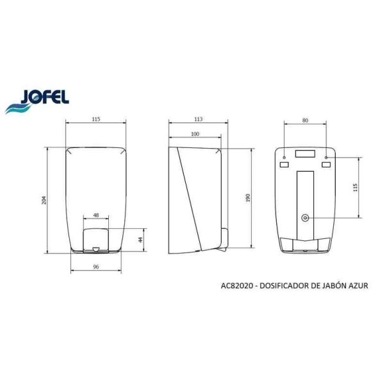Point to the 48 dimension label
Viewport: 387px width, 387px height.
point(95,215)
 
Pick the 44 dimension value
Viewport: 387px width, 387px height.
point(140,240)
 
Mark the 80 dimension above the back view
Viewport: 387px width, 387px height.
point(305,119)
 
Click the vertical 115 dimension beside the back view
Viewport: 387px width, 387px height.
point(356,187)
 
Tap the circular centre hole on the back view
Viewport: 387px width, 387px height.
point(305,218)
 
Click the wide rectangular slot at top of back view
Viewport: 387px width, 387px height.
point(305,154)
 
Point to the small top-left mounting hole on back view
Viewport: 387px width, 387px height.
point(284,156)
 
